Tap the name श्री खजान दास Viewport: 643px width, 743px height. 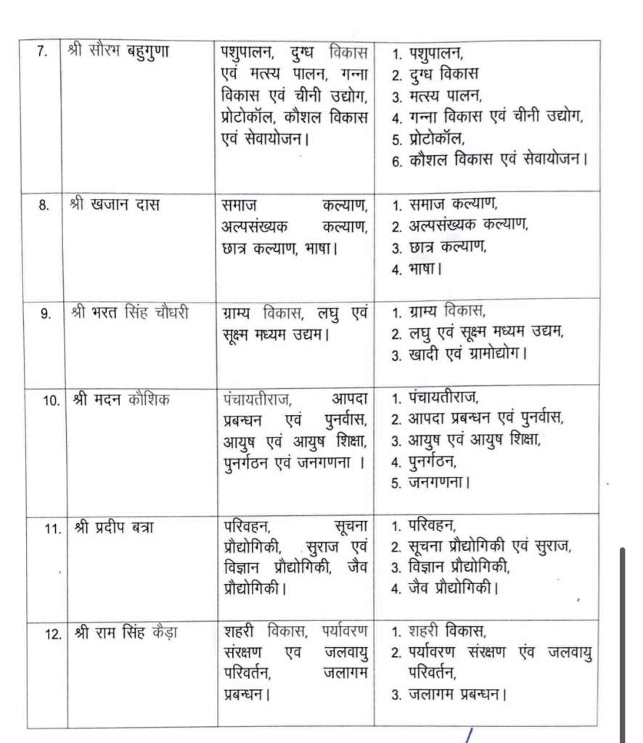click(115, 205)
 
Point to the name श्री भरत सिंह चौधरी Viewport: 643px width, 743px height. click(131, 313)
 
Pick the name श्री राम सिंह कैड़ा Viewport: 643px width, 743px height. click(124, 633)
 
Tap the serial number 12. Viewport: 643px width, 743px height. click(52, 634)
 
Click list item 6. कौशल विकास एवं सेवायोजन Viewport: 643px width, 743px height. click(489, 160)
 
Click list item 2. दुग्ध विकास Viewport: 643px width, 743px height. click(435, 74)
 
